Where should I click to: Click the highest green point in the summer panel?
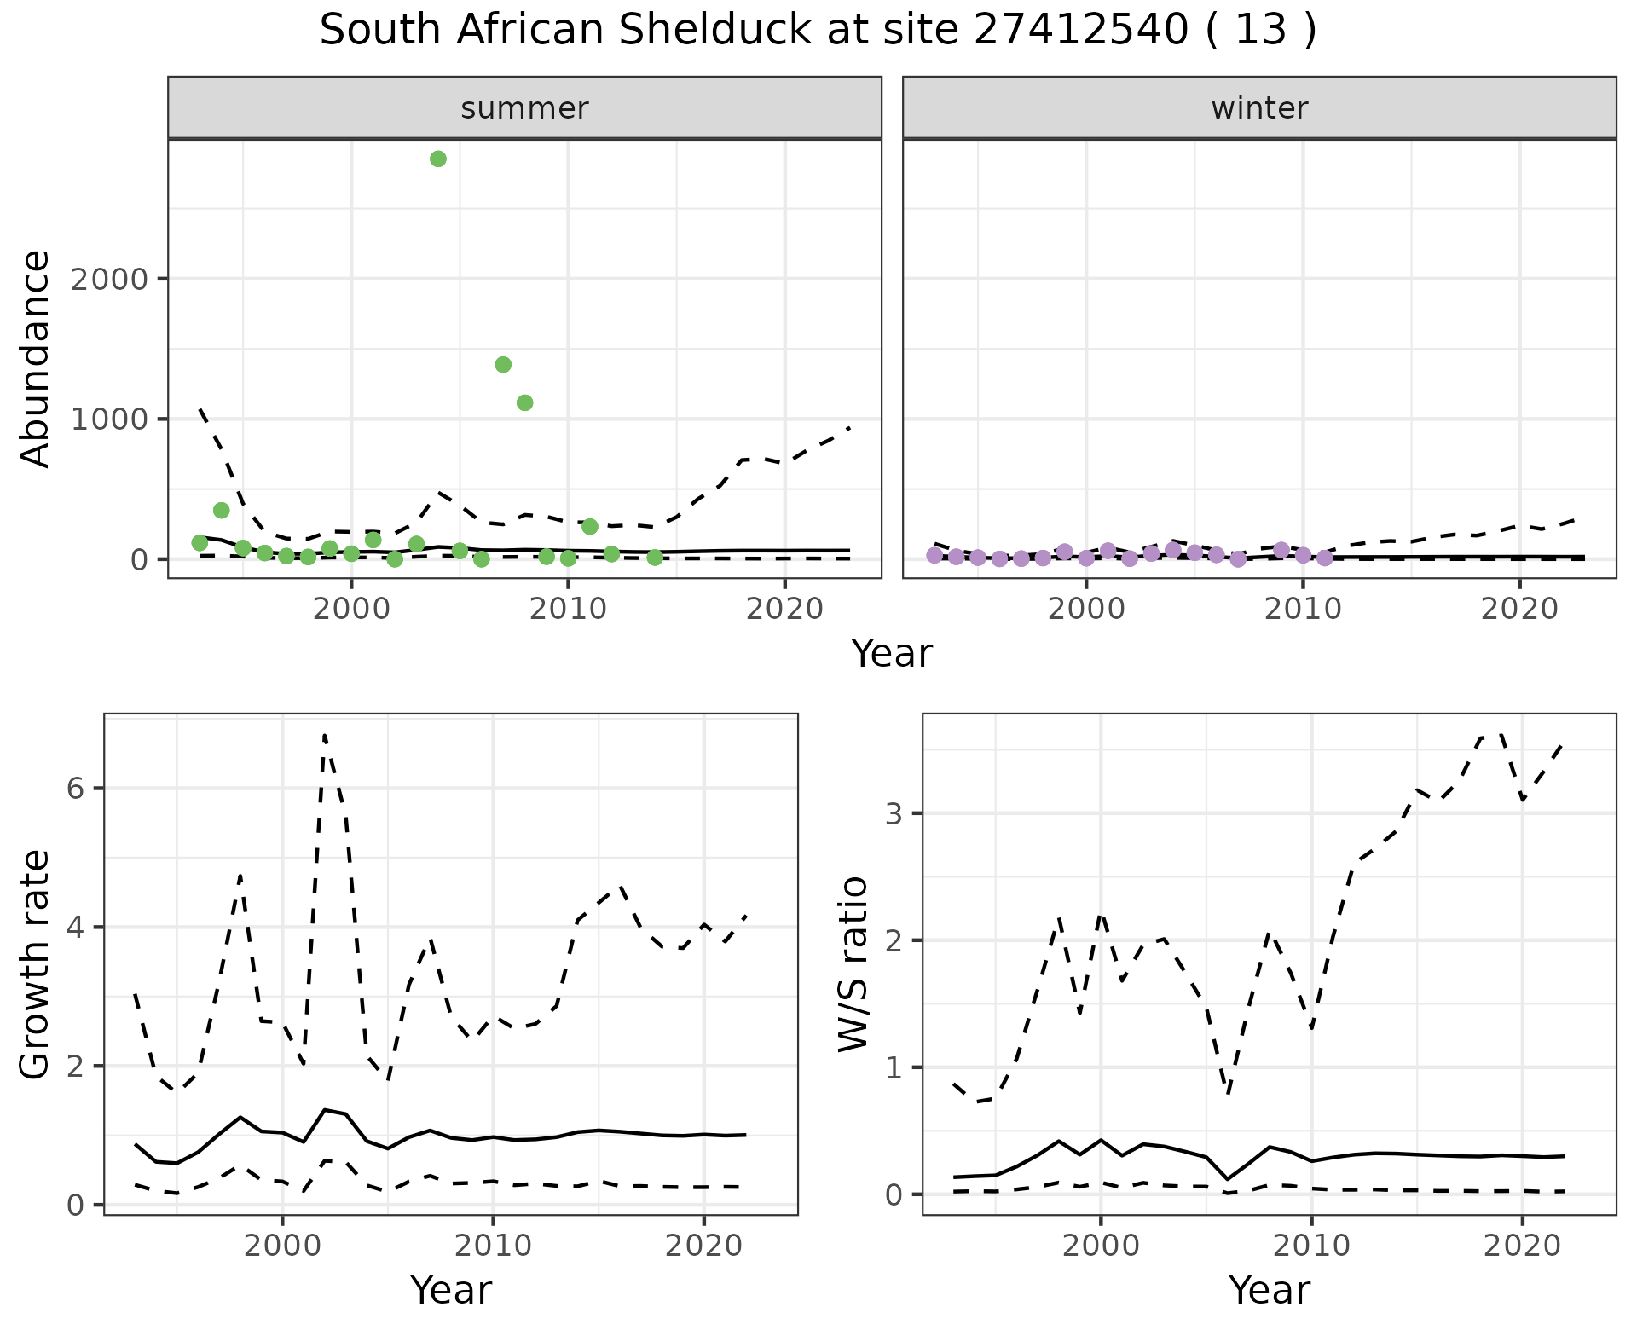pyautogui.click(x=438, y=159)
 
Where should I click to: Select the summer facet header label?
pyautogui.click(x=524, y=108)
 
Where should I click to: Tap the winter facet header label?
pyautogui.click(x=1259, y=108)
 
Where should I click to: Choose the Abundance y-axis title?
pyautogui.click(x=36, y=358)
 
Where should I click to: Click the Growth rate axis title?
pyautogui.click(x=36, y=965)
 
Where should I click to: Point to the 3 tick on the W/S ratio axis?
pyautogui.click(x=894, y=813)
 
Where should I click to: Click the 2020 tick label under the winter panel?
pyautogui.click(x=1519, y=610)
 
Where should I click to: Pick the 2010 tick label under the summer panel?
pyautogui.click(x=568, y=610)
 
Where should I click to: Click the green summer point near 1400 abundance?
pyautogui.click(x=503, y=365)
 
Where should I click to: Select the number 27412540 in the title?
pyautogui.click(x=1080, y=31)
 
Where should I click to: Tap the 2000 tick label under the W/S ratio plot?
pyautogui.click(x=1100, y=1246)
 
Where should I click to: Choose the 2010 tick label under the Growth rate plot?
pyautogui.click(x=493, y=1246)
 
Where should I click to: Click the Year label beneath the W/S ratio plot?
pyautogui.click(x=1269, y=1290)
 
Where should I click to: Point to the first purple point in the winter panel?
pyautogui.click(x=934, y=555)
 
